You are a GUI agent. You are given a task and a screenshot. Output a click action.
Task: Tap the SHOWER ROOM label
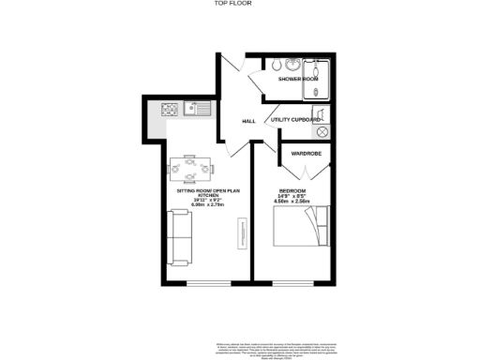[298, 80]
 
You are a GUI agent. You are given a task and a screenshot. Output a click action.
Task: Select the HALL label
[248, 121]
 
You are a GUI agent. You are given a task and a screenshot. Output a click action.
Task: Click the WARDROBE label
[307, 151]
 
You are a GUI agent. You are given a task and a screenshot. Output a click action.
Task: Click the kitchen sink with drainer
[198, 110]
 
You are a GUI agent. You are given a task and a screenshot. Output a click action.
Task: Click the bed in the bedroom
[302, 227]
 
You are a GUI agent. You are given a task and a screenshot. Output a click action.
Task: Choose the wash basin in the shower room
[294, 65]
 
